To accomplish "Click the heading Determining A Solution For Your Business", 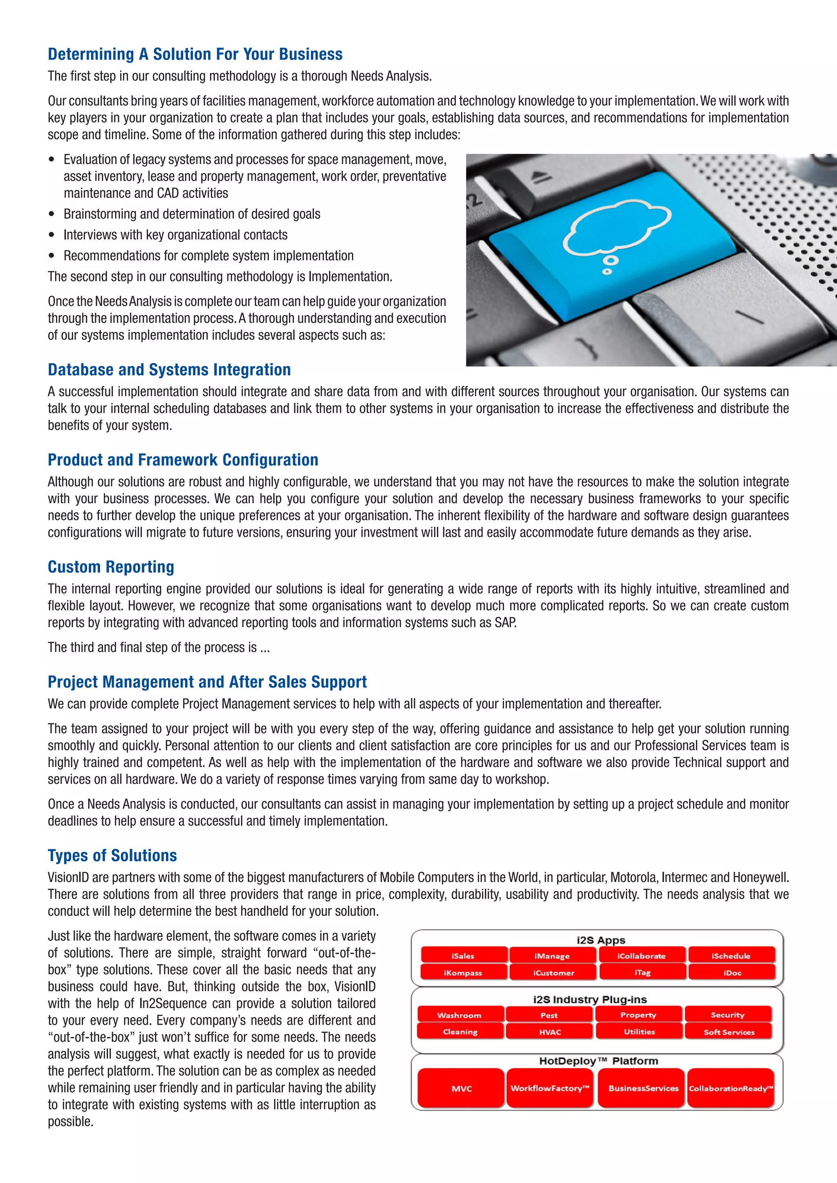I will click(195, 54).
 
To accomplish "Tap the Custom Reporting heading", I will click(111, 567).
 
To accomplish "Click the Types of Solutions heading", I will click(112, 855).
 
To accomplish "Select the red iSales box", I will click(463, 956).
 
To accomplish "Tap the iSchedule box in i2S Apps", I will click(731, 956).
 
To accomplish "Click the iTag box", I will click(642, 973).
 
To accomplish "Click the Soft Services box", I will click(729, 1032).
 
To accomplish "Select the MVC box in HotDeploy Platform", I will click(461, 1088).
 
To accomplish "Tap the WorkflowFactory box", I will click(549, 1088).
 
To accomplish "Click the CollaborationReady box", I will click(731, 1088).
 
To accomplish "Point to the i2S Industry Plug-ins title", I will click(590, 999).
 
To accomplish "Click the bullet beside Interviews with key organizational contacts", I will click(51, 235).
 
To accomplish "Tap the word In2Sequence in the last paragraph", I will click(169, 1003).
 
